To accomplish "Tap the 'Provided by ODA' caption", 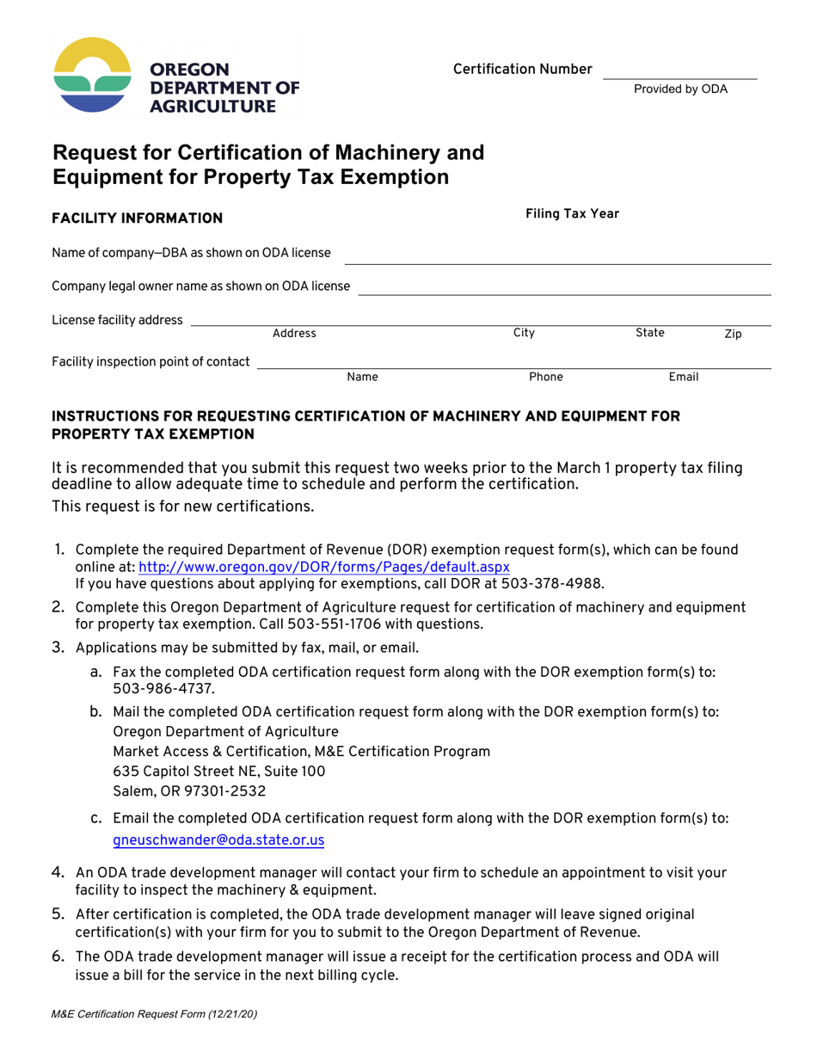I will coord(680,89).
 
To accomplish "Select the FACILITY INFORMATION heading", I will coord(138,218).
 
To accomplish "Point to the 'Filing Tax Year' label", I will coord(572,214).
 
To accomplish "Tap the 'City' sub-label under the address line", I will coord(524,333).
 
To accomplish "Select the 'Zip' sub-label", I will coord(733,334).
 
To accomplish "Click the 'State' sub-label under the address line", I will coord(649,333).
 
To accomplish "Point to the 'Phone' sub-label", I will coord(546,377).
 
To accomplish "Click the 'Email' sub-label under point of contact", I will coord(684,377).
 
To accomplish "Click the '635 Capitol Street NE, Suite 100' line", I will coord(219,771).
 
